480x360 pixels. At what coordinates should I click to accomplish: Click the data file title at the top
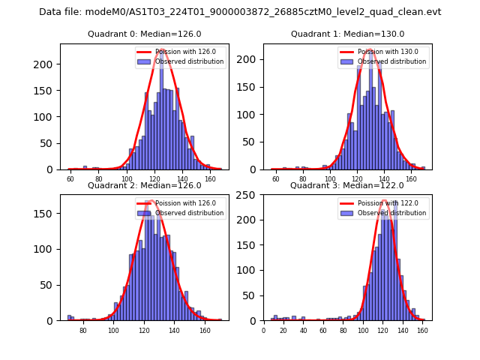pyautogui.click(x=240, y=12)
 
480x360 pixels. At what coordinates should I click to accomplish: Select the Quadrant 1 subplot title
pyautogui.click(x=347, y=34)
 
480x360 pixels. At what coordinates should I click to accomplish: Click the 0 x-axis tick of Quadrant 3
pyautogui.click(x=263, y=329)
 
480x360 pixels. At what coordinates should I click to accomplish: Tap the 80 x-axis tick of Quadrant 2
pyautogui.click(x=82, y=329)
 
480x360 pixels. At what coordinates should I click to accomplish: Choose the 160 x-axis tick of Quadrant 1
pyautogui.click(x=412, y=179)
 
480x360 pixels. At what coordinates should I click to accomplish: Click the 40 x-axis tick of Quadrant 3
pyautogui.click(x=303, y=329)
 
